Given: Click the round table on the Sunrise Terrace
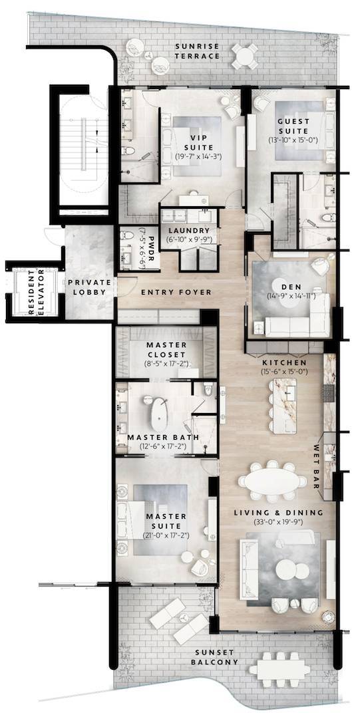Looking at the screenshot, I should click(247, 55).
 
